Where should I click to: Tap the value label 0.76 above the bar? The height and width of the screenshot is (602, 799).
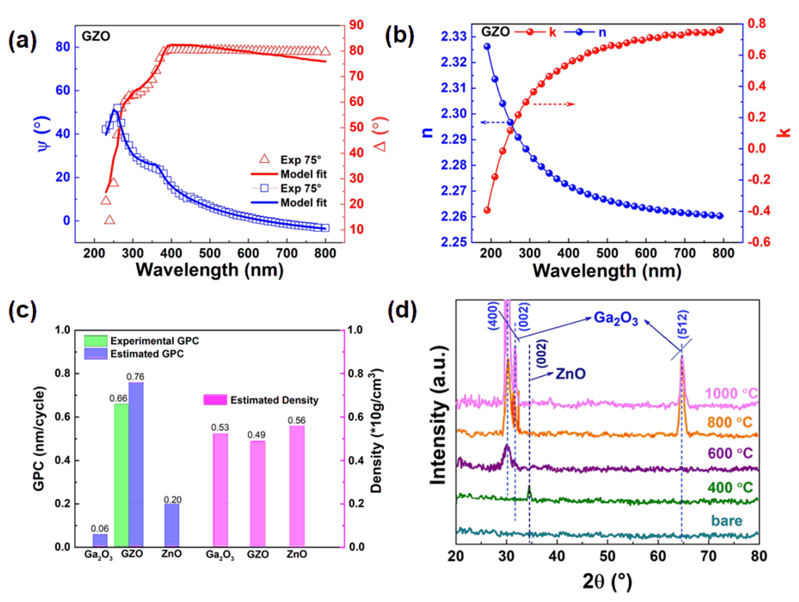pyautogui.click(x=135, y=377)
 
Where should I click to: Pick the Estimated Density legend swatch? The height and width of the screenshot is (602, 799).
pyautogui.click(x=215, y=400)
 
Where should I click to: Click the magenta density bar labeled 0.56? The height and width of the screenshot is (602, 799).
pyautogui.click(x=297, y=486)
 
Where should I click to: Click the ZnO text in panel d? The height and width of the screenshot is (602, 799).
pyautogui.click(x=570, y=373)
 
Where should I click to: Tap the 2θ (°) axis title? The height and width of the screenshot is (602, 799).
pyautogui.click(x=607, y=581)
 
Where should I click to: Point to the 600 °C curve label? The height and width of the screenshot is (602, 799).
pyautogui.click(x=730, y=453)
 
